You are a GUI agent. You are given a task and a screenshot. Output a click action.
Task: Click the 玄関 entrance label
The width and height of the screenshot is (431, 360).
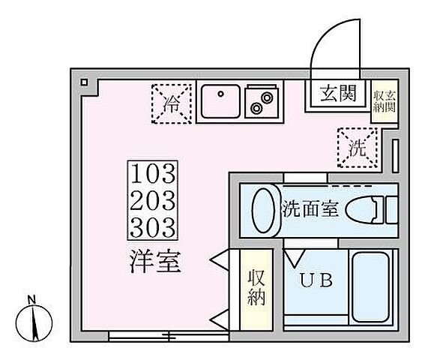[336, 94]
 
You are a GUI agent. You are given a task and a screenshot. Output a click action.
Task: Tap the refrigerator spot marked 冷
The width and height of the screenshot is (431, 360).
[172, 103]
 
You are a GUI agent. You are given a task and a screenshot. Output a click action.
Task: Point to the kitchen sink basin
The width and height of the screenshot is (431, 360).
[220, 103]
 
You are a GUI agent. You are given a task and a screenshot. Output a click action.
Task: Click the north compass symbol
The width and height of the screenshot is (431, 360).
[32, 319]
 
